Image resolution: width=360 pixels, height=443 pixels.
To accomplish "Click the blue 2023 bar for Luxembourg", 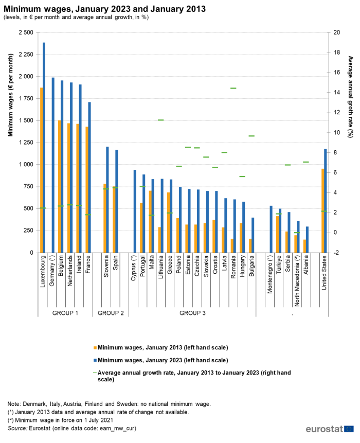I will click(x=44, y=149).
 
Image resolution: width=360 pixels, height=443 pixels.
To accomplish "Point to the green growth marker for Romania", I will click(x=233, y=88).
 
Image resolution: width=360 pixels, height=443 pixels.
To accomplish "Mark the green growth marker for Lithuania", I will click(x=160, y=120).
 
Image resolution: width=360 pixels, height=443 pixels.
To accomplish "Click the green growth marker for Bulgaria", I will click(x=251, y=136).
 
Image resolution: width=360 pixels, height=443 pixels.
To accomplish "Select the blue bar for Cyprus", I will click(x=135, y=211).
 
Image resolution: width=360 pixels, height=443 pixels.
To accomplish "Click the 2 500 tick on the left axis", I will click(x=25, y=32).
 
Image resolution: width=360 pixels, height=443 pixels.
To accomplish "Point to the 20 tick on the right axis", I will click(x=336, y=32).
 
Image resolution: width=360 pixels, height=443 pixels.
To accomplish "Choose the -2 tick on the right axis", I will click(x=336, y=253).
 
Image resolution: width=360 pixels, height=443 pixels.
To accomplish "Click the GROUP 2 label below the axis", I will click(x=111, y=313).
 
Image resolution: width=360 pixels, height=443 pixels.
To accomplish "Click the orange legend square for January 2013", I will click(x=95, y=347).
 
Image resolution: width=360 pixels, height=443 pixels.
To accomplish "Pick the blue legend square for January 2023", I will click(x=95, y=360).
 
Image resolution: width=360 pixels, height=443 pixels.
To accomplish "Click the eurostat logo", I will click(x=329, y=429).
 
